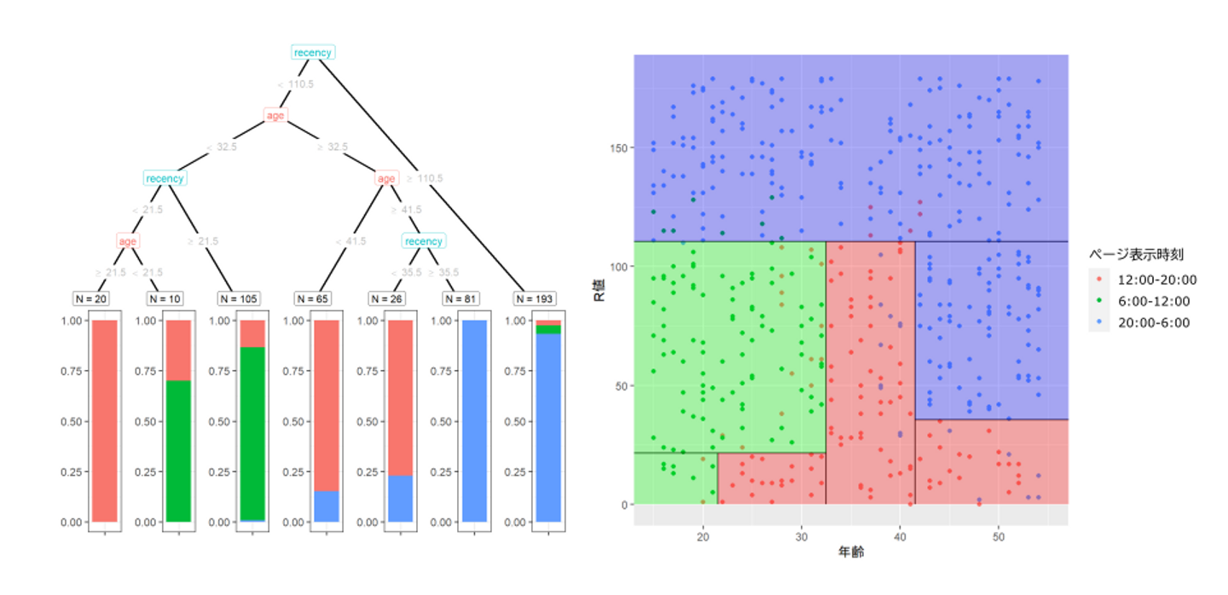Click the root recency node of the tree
point(312,53)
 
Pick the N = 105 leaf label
point(239,298)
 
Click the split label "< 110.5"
point(295,84)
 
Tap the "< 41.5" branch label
point(350,241)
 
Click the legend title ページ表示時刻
point(1135,254)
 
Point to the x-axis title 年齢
point(850,553)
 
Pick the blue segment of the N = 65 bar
point(327,506)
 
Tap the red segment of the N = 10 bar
point(178,349)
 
